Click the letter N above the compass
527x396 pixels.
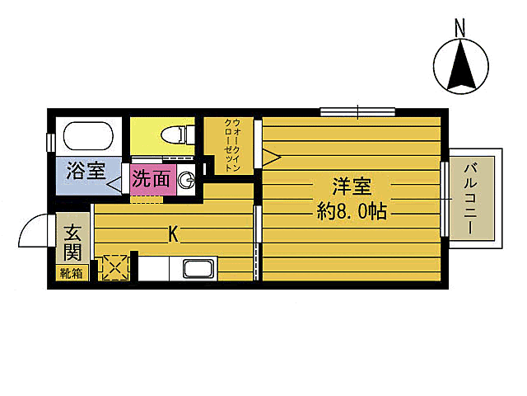[459, 28]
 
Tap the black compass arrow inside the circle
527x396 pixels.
[461, 66]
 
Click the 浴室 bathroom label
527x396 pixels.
[86, 172]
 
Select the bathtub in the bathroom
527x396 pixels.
[88, 136]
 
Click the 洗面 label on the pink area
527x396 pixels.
[152, 178]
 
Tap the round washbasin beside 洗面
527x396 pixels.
[186, 179]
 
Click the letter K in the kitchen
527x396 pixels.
[173, 235]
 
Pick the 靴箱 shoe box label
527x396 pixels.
[71, 274]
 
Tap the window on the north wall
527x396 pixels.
[357, 112]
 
